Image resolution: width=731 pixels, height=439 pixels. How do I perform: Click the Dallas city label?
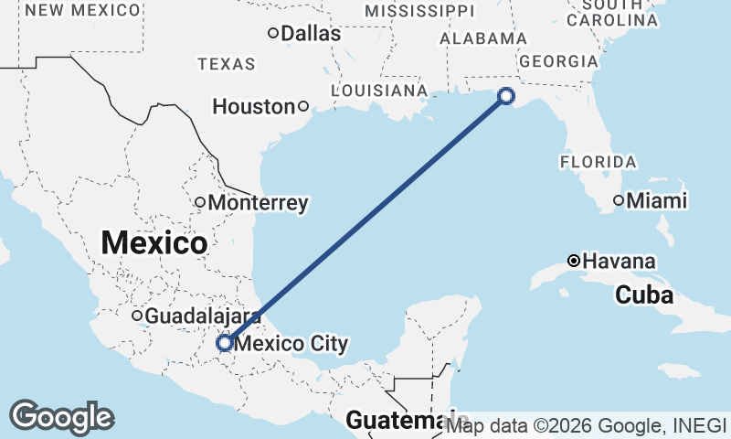pyautogui.click(x=311, y=34)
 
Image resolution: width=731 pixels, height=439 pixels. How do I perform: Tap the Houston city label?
pyautogui.click(x=253, y=107)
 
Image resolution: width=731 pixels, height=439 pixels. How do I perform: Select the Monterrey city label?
pyautogui.click(x=259, y=203)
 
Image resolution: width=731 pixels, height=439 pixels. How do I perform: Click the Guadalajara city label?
pyautogui.click(x=203, y=316)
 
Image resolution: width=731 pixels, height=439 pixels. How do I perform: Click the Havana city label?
pyautogui.click(x=619, y=262)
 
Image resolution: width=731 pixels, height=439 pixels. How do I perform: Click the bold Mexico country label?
pyautogui.click(x=154, y=243)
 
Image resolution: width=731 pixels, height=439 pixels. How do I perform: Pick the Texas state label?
pyautogui.click(x=227, y=64)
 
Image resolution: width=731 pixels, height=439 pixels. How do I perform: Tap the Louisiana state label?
pyautogui.click(x=379, y=91)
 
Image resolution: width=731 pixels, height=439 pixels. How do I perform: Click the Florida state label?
pyautogui.click(x=598, y=162)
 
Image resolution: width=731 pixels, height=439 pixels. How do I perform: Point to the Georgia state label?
pyautogui.click(x=557, y=61)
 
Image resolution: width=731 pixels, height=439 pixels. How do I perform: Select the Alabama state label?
pyautogui.click(x=483, y=38)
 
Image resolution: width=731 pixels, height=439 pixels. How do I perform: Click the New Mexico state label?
pyautogui.click(x=84, y=10)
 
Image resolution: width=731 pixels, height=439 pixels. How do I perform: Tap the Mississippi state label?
pyautogui.click(x=419, y=10)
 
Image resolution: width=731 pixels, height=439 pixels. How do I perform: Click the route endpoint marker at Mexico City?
pyautogui.click(x=225, y=343)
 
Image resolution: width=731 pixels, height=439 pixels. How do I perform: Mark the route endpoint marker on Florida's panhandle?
pyautogui.click(x=506, y=96)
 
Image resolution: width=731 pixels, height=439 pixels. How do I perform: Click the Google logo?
pyautogui.click(x=61, y=417)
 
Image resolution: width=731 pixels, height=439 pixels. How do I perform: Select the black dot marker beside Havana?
pyautogui.click(x=573, y=261)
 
